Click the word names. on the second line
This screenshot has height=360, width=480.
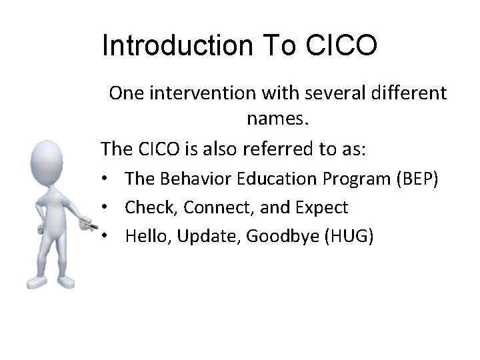278,119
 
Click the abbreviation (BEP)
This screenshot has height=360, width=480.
417,179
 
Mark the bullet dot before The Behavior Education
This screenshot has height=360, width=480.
106,180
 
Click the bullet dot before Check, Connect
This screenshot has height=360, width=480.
106,208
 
